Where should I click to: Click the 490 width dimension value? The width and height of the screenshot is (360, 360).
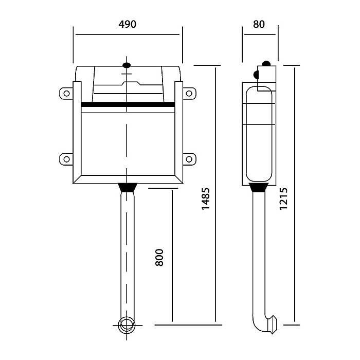[128, 24]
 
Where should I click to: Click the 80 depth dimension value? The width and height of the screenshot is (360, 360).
[259, 24]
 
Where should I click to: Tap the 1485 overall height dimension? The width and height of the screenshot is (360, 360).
[206, 199]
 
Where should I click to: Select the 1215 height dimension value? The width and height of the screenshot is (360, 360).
[283, 199]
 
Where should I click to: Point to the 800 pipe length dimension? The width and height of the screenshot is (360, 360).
[159, 257]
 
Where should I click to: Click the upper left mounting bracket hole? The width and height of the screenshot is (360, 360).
[66, 94]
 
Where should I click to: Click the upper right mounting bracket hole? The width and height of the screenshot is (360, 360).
[189, 94]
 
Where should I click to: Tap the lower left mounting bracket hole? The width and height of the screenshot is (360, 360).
[66, 159]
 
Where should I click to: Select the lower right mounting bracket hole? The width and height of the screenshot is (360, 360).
[189, 159]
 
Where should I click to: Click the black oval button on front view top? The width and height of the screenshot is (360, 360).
[127, 65]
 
